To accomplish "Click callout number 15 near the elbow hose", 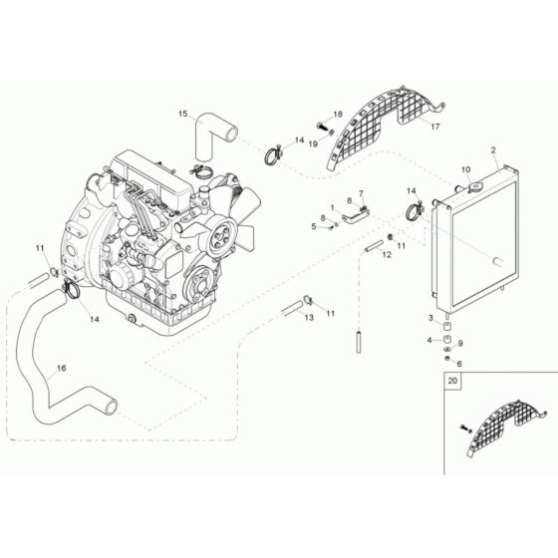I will click(182, 115).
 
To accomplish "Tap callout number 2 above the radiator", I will click(493, 149).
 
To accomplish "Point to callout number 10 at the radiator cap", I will click(465, 170).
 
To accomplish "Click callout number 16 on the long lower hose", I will click(61, 369).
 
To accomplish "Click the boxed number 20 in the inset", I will click(454, 381).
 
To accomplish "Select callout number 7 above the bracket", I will click(361, 194).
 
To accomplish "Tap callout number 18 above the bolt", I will click(338, 115).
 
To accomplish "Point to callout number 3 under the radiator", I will click(430, 319).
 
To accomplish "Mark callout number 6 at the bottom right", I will click(459, 364).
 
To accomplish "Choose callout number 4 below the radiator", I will click(430, 340).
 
